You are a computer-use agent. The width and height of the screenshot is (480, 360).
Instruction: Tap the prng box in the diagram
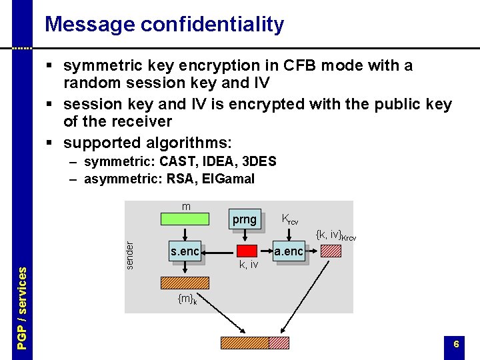tap(244, 219)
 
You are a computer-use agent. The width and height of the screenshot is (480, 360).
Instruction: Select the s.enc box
tap(185, 251)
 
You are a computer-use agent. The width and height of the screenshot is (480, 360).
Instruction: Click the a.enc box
tap(289, 251)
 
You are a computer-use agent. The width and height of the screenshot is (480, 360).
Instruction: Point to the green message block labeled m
tap(186, 218)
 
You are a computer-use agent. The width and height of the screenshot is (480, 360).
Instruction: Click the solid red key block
tap(247, 251)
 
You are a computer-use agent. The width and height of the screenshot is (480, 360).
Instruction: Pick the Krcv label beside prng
tap(289, 219)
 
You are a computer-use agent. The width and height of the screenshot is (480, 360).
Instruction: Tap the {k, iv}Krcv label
tap(335, 235)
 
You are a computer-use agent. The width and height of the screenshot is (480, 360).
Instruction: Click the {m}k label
tap(187, 300)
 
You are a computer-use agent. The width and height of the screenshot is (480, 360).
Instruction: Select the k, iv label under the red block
tap(248, 265)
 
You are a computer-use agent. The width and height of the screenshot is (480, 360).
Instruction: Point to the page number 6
tap(456, 344)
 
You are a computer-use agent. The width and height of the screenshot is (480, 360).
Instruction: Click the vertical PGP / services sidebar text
tap(22, 307)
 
